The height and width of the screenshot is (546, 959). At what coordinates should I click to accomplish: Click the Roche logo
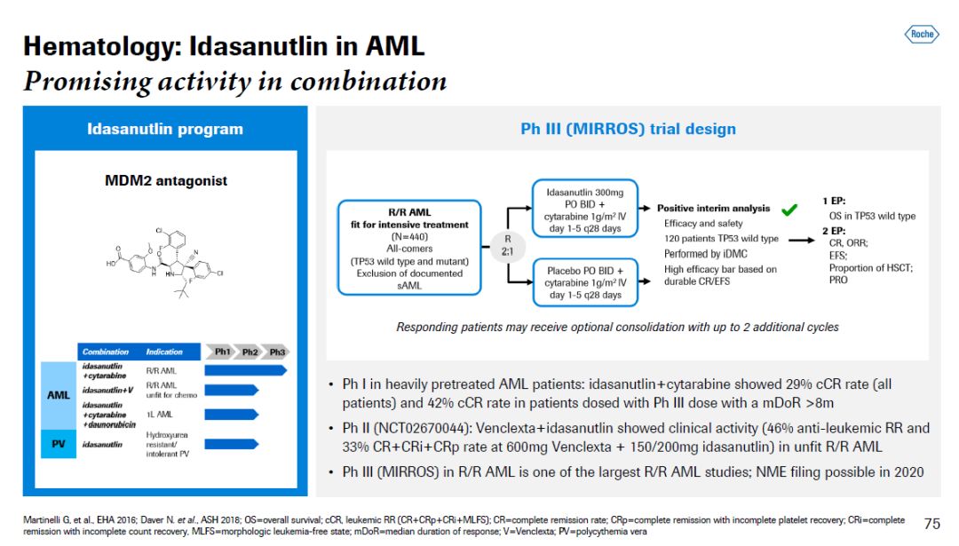tap(922, 35)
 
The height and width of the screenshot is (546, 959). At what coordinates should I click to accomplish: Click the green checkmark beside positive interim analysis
tap(788, 210)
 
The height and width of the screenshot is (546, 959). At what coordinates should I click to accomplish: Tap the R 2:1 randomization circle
tap(507, 246)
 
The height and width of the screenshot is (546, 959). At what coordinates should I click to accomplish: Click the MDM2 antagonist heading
tap(166, 181)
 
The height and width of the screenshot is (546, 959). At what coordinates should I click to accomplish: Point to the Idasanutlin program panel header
tap(165, 129)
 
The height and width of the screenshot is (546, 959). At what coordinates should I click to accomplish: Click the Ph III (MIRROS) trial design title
tap(628, 129)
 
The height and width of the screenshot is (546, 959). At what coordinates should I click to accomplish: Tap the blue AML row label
tap(59, 396)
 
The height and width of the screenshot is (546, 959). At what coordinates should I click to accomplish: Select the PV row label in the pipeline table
tap(59, 444)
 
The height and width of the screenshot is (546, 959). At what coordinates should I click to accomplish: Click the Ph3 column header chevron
tap(277, 352)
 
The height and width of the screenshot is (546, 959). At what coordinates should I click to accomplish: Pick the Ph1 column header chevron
tap(222, 352)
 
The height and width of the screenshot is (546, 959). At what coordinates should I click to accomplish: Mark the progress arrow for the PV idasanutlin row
tap(231, 444)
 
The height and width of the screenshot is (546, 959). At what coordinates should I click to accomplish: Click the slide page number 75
tap(931, 524)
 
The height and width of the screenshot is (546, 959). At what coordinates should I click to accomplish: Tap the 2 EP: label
tap(834, 231)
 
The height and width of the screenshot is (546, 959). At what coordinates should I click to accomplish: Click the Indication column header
tap(164, 352)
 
